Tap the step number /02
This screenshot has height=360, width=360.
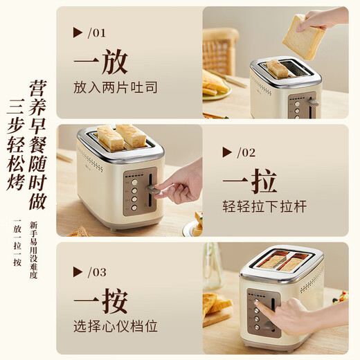point(246,152)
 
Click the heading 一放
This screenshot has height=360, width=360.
point(100,62)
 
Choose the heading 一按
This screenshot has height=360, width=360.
point(100,303)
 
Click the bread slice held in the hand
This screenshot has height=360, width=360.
point(304,35)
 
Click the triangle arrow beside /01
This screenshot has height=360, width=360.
point(78,32)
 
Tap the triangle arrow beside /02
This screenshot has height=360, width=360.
point(226,152)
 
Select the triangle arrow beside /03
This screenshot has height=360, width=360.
point(78,272)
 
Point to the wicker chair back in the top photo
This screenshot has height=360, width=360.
point(220,48)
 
